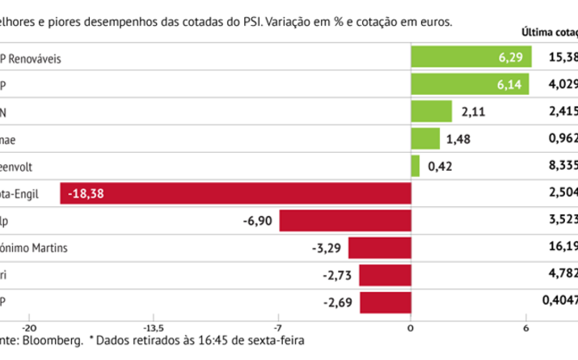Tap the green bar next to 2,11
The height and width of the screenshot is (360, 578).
point(431,111)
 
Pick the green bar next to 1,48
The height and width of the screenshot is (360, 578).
point(425,138)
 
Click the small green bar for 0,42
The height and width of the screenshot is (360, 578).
point(416,166)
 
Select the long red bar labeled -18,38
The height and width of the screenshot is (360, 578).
point(235,193)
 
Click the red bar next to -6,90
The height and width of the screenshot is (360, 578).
point(344,221)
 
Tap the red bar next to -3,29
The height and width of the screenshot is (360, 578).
point(379,248)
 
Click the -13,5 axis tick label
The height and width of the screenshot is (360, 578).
point(154,328)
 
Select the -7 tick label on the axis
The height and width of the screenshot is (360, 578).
point(277,328)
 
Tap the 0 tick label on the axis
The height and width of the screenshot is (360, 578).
point(411,328)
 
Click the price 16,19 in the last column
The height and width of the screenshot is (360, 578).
point(562,248)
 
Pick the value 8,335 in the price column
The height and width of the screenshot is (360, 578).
point(562,166)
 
